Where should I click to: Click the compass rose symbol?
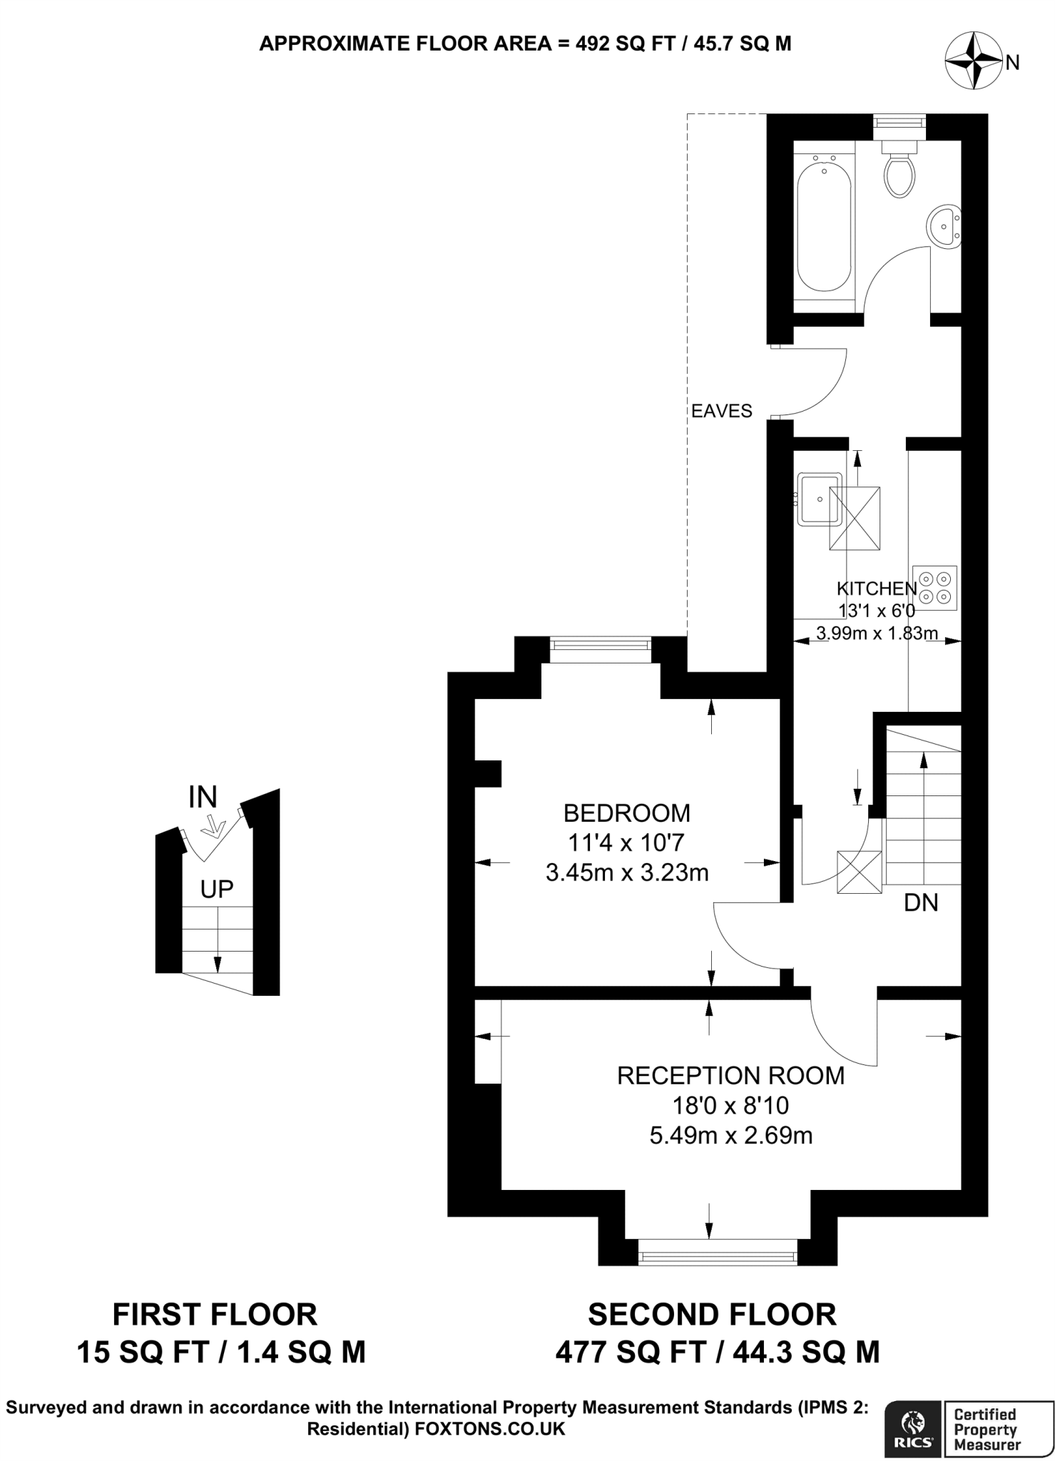973,62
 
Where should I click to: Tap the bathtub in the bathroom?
825,225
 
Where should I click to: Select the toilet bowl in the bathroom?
900,175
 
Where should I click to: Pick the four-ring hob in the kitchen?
934,588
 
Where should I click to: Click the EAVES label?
722,411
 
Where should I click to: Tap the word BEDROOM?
626,813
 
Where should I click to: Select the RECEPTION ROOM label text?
730,1075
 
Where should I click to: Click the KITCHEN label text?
876,589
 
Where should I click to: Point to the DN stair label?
920,903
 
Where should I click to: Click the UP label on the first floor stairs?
217,889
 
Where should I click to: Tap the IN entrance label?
203,797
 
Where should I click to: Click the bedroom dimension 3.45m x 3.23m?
626,872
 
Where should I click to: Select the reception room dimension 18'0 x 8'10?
730,1106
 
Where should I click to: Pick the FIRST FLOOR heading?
215,1314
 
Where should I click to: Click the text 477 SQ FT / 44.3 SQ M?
717,1352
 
